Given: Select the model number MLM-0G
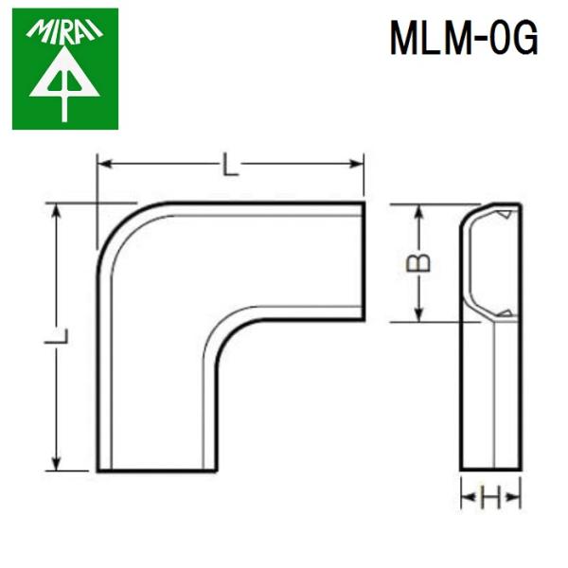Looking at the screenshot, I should coord(464,39).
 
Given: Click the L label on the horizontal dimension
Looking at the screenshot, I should coord(230,168).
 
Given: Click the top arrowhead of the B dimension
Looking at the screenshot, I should coord(417,210).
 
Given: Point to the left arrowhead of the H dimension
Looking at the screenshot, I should coord(466,497).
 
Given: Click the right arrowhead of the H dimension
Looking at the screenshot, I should coord(515,497).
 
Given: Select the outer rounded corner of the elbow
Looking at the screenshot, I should coord(114,222).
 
